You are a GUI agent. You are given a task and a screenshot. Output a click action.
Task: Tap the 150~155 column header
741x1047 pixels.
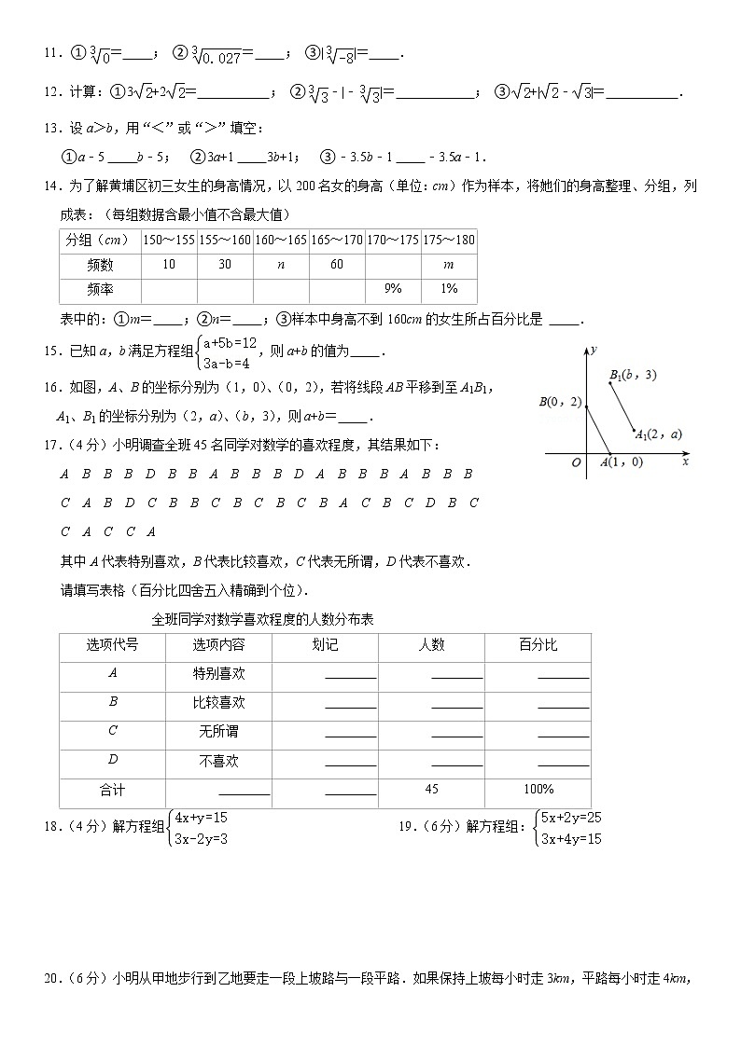[x=168, y=240]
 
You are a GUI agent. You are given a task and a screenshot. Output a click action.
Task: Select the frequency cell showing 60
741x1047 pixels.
[x=336, y=264]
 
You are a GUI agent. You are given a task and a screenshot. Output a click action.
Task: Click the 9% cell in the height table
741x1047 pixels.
[x=393, y=288]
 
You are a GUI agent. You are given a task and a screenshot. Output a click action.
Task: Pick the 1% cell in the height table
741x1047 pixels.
[x=448, y=288]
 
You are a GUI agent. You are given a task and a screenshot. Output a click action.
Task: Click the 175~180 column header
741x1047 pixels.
[x=448, y=240]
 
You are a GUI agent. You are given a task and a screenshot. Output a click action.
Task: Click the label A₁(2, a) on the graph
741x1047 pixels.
[x=658, y=433]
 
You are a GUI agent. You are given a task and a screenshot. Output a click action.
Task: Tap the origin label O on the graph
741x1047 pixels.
[x=577, y=462]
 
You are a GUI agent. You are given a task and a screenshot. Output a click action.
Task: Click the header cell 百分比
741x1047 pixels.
[x=538, y=645]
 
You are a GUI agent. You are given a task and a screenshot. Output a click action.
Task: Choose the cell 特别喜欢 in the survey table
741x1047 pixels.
[x=218, y=673]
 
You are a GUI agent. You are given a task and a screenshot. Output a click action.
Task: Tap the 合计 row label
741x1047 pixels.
[x=112, y=790]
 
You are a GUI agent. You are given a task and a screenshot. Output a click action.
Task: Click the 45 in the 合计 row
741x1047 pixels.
[x=431, y=790]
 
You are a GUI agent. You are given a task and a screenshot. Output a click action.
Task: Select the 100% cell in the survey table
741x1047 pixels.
[x=538, y=790]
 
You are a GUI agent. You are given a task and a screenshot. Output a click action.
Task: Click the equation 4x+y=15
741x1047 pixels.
[x=201, y=818]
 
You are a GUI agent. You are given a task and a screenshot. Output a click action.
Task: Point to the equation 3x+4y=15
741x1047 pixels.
[x=571, y=839]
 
